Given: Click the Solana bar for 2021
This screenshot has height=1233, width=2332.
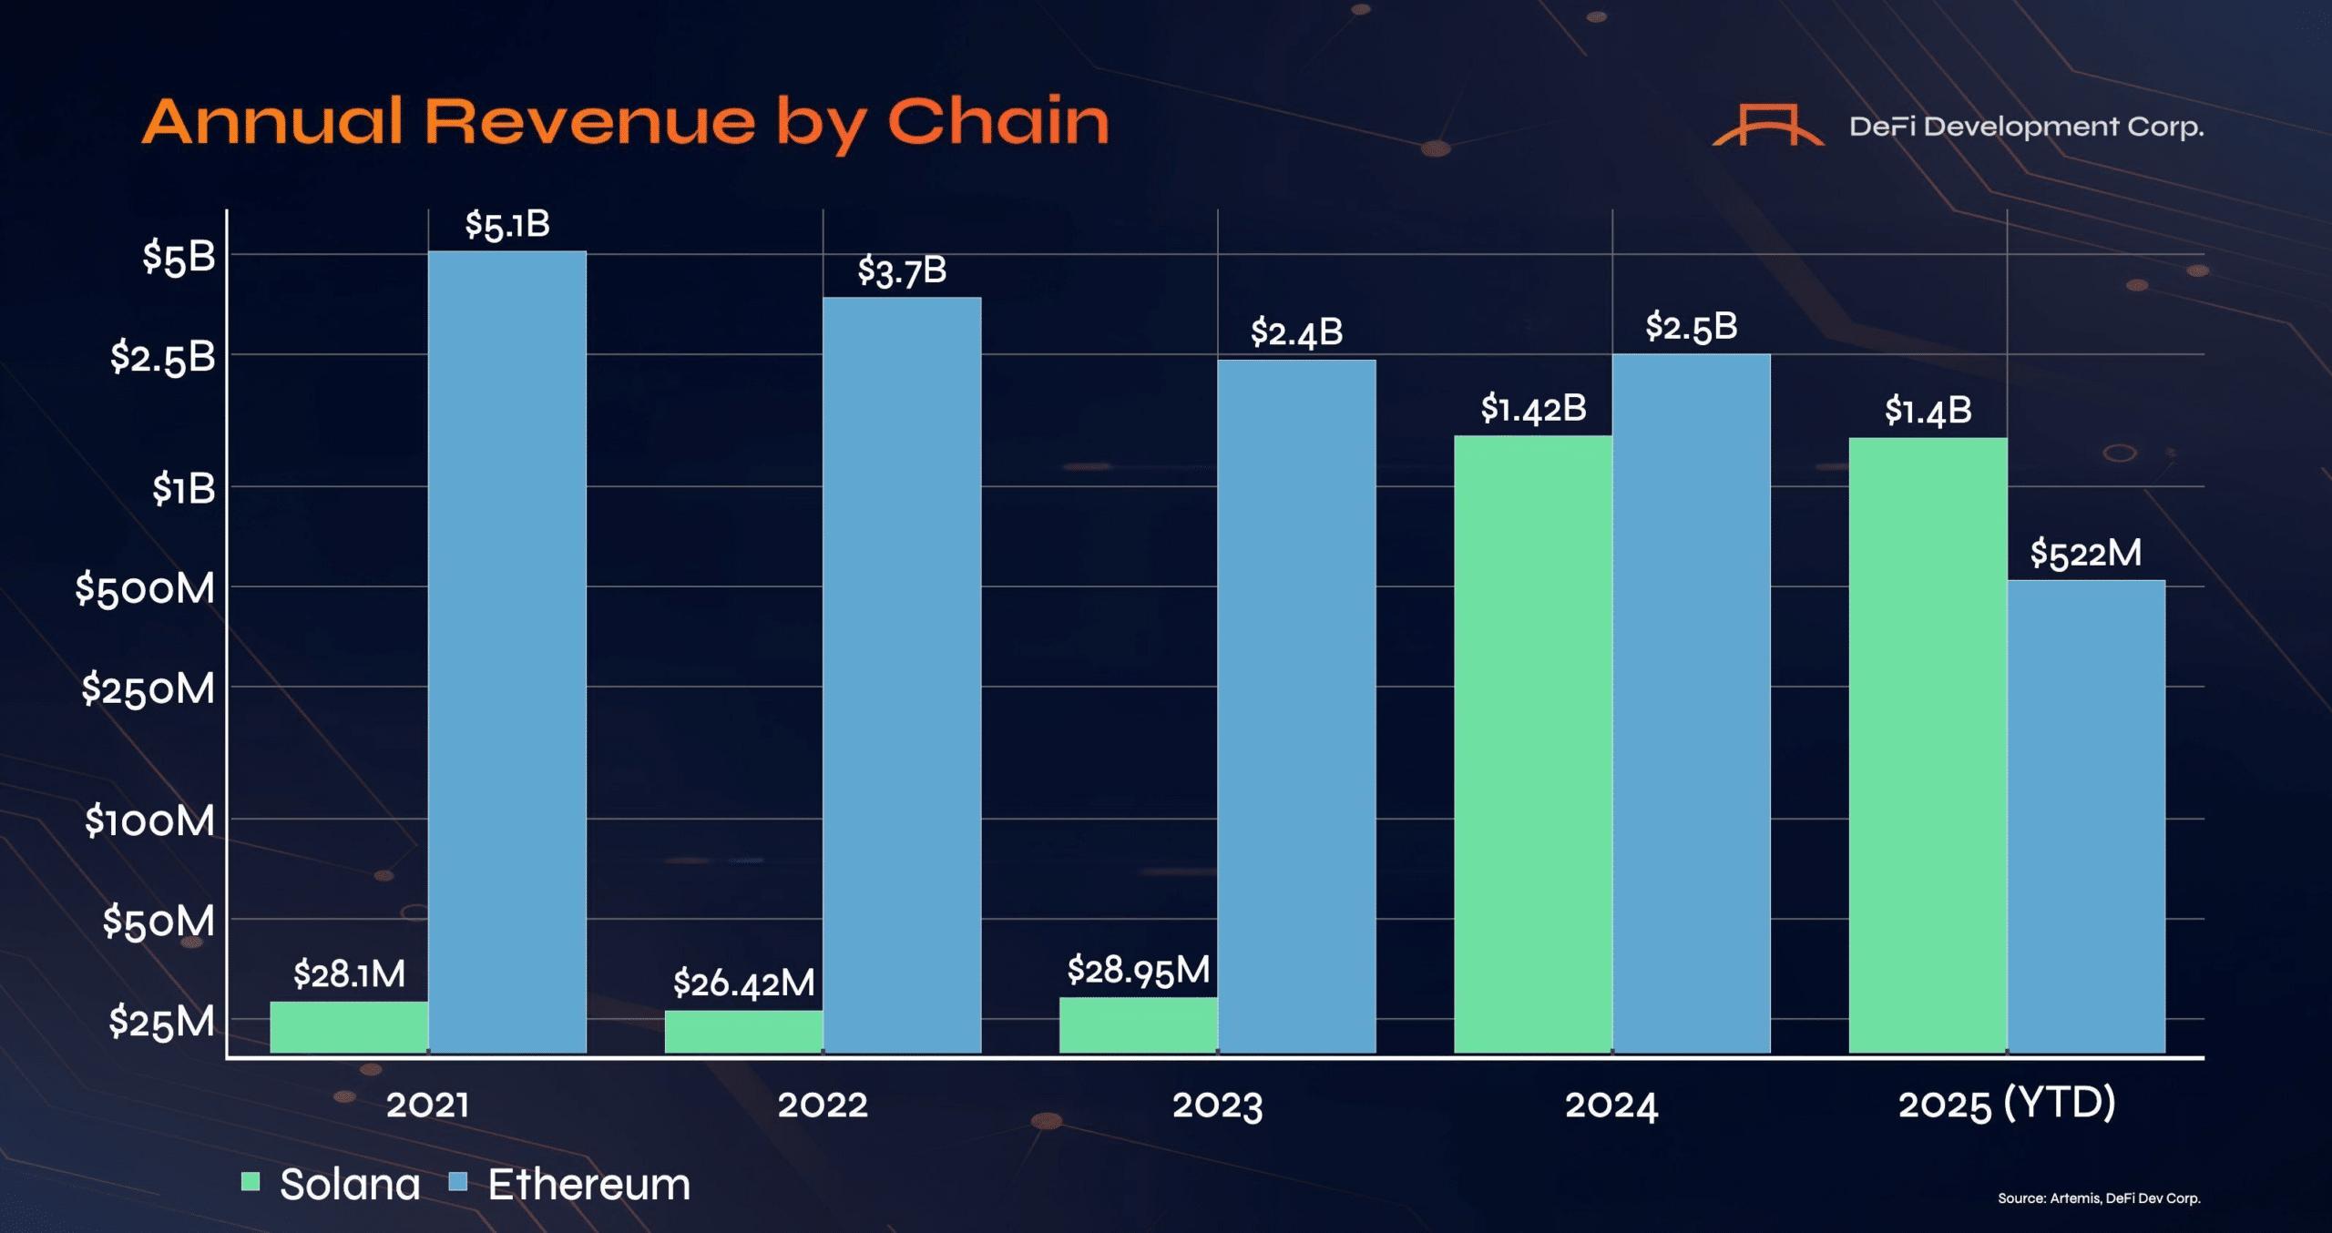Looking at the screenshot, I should (349, 1027).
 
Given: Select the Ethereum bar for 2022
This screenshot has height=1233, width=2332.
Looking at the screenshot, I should (902, 674).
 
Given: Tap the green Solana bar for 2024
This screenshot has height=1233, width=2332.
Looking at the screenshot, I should (1532, 744).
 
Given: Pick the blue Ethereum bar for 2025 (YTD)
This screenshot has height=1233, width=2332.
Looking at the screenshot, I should (2086, 816).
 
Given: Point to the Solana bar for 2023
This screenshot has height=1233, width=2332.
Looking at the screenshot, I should (1138, 1025).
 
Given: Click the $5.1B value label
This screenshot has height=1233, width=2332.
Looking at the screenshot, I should (507, 224).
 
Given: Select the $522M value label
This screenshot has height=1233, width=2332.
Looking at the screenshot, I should (2086, 553).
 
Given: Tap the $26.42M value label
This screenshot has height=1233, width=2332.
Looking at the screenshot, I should (743, 983).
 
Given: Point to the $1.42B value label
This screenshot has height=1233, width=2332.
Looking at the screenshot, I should (1533, 408).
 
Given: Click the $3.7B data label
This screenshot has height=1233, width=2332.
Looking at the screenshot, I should (902, 270).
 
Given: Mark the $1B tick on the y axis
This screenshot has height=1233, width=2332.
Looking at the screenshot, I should (183, 489).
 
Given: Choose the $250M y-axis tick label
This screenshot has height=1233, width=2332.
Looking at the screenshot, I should (148, 688).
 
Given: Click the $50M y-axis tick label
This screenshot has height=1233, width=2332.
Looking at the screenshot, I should (159, 921).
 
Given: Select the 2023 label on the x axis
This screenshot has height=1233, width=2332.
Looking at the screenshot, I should (1217, 1106).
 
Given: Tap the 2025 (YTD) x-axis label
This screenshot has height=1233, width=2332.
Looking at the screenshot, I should (2006, 1104).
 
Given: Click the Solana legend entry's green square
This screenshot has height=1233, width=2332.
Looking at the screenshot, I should (250, 1182).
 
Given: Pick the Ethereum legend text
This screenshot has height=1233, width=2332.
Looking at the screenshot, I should (588, 1184).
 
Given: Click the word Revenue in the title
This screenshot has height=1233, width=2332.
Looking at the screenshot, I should (590, 122).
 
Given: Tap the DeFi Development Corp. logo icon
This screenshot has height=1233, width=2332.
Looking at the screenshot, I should (1767, 126).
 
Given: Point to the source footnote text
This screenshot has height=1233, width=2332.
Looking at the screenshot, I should (2099, 1198).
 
